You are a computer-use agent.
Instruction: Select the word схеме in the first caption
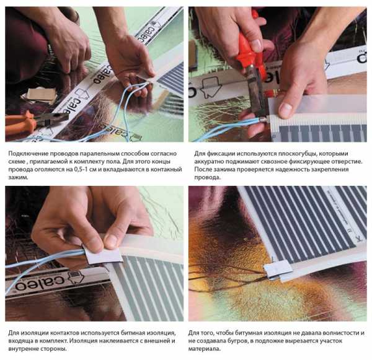(17, 162)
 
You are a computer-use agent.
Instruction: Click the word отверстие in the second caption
(348, 162)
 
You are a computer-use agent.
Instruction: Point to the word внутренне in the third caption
(23, 349)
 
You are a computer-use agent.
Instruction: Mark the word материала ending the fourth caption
(204, 349)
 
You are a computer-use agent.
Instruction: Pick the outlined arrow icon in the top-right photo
(210, 87)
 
